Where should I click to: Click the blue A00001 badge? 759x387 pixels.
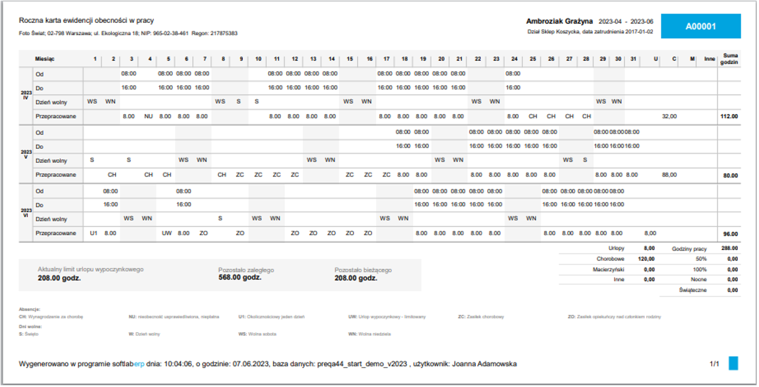701,26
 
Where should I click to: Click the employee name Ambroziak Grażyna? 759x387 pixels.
559,21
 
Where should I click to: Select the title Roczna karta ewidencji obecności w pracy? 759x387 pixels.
86,21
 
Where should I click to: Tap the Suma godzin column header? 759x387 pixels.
730,59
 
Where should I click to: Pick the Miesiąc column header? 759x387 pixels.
45,59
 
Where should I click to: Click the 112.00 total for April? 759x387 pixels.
728,116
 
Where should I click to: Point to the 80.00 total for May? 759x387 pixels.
730,175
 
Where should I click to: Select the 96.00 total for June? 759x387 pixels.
730,233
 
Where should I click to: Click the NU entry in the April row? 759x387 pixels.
148,116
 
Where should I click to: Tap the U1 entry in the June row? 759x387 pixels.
93,233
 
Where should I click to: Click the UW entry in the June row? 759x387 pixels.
167,233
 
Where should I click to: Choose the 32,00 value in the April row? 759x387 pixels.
669,116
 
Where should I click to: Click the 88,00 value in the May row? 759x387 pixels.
669,175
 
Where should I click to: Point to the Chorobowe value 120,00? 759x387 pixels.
646,259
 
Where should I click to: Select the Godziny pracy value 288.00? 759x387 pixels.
729,249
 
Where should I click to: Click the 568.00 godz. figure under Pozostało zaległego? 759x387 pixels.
239,278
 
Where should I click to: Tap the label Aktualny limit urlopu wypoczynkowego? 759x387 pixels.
91,269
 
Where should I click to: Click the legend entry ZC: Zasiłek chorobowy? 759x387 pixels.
481,316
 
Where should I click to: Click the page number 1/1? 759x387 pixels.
714,364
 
